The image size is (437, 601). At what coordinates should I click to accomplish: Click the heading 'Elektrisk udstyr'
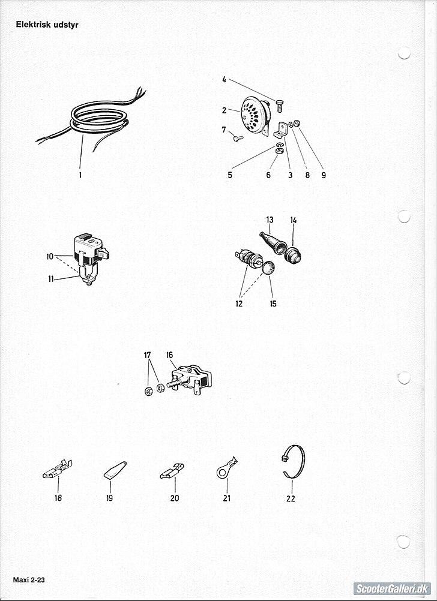pyautogui.click(x=47, y=25)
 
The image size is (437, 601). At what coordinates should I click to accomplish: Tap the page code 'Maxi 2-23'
pyautogui.click(x=29, y=580)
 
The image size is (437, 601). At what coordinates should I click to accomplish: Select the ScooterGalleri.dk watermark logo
pyautogui.click(x=392, y=588)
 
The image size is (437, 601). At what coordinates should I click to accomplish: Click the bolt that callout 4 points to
pyautogui.click(x=279, y=105)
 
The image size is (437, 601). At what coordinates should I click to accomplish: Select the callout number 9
pyautogui.click(x=324, y=175)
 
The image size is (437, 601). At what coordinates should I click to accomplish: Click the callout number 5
pyautogui.click(x=229, y=175)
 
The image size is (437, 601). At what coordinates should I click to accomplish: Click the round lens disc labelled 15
pyautogui.click(x=268, y=267)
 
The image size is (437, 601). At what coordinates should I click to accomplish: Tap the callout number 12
pyautogui.click(x=239, y=304)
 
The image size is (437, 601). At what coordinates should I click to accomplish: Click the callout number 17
pyautogui.click(x=148, y=355)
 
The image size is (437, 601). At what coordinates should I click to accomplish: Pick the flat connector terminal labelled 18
pyautogui.click(x=58, y=470)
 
